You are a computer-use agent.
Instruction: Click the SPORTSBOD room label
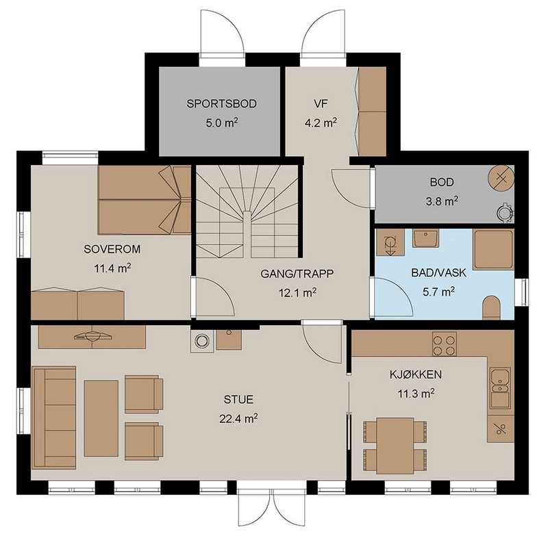pyautogui.click(x=221, y=103)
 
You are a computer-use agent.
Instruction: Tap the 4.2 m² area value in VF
pyautogui.click(x=321, y=123)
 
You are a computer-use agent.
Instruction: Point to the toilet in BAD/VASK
pyautogui.click(x=491, y=307)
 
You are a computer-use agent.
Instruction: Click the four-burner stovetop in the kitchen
pyautogui.click(x=444, y=344)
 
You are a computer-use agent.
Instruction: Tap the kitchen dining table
pyautogui.click(x=395, y=446)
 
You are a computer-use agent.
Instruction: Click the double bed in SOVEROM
pyautogui.click(x=145, y=199)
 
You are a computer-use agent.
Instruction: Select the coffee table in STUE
pyautogui.click(x=101, y=418)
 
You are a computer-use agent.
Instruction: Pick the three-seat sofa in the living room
pyautogui.click(x=54, y=418)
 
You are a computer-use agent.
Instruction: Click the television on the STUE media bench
pyautogui.click(x=92, y=336)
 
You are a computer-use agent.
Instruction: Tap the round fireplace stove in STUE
pyautogui.click(x=201, y=341)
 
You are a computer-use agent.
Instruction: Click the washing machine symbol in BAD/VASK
pyautogui.click(x=390, y=242)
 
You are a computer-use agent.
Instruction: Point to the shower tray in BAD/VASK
pyautogui.click(x=493, y=249)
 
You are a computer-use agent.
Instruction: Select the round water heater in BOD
pyautogui.click(x=501, y=178)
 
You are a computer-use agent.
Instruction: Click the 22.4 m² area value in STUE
pyautogui.click(x=238, y=418)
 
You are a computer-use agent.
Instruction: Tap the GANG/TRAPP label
pyautogui.click(x=297, y=273)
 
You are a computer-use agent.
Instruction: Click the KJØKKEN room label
pyautogui.click(x=416, y=374)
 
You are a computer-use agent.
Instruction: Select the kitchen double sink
pyautogui.click(x=501, y=388)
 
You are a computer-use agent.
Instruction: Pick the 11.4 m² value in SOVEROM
pyautogui.click(x=112, y=268)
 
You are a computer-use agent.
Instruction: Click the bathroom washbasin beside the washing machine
pyautogui.click(x=425, y=238)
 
